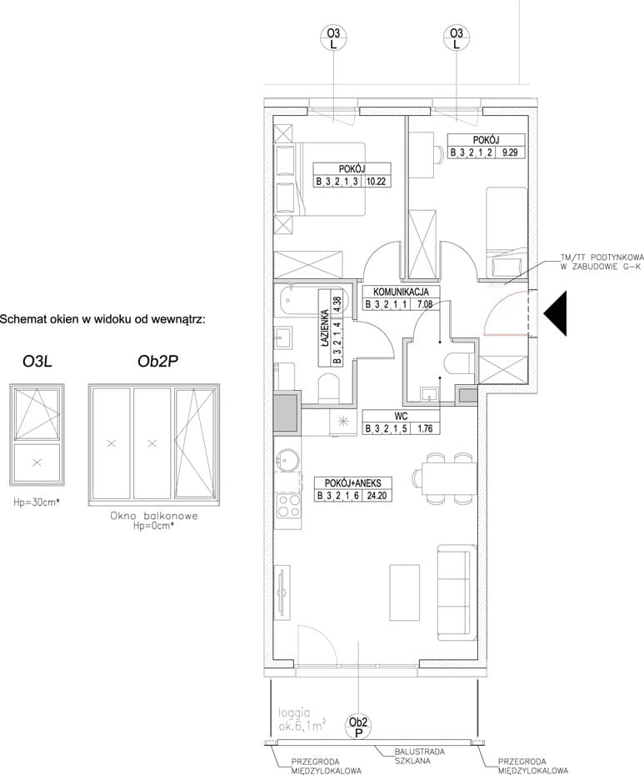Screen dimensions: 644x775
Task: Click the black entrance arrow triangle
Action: point(555,314)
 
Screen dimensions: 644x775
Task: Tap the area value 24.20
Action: point(377,495)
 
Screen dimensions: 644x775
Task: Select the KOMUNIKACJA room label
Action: point(401,292)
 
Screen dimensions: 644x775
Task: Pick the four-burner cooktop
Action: point(288,506)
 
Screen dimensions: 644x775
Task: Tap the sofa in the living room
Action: point(457,592)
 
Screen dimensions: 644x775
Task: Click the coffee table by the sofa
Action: point(404,592)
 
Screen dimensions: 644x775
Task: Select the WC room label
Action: point(401,416)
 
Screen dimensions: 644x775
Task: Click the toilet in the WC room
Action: point(459,363)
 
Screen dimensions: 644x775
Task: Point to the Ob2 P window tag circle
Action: point(358,727)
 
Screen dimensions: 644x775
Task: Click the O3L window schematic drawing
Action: point(37,436)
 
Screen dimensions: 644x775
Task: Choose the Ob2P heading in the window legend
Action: point(157,362)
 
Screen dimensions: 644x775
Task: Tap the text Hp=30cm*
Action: point(37,502)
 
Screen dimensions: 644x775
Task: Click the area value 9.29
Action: point(510,152)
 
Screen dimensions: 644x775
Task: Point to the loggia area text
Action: point(302,720)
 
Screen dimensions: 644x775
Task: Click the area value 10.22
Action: point(376,182)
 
